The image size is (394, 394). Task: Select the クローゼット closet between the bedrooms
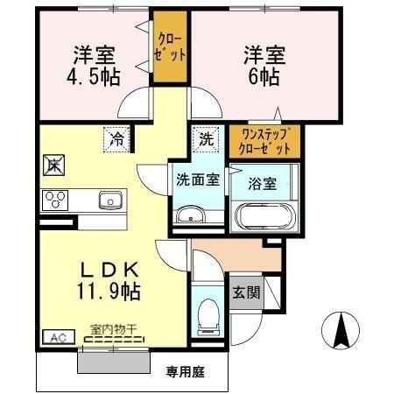[172, 46]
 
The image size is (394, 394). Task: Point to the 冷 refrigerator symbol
[116, 137]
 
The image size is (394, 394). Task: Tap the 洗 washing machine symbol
[204, 137]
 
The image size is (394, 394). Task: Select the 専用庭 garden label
[185, 372]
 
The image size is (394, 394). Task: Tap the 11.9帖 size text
[111, 288]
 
